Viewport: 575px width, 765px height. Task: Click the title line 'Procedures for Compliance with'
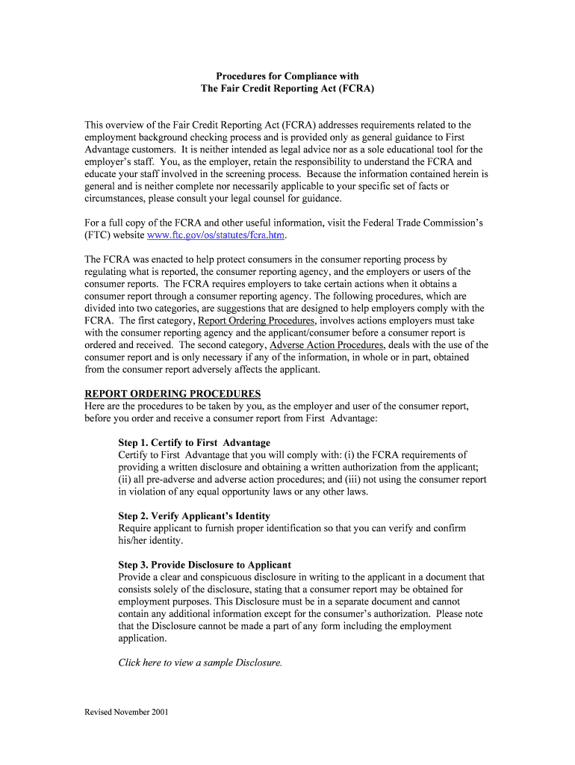click(x=287, y=76)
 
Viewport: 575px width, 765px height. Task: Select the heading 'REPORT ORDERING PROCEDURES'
click(x=172, y=394)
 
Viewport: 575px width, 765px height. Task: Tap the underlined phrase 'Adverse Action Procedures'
click(x=326, y=345)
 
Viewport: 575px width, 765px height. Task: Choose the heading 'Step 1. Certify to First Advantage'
click(x=194, y=443)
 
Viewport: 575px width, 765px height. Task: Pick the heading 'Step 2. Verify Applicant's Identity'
click(x=194, y=516)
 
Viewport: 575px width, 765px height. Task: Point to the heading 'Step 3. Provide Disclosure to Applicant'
click(x=205, y=565)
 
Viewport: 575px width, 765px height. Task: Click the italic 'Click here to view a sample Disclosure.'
click(x=200, y=663)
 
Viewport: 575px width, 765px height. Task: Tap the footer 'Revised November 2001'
click(x=126, y=712)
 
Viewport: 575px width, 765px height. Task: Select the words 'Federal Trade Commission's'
click(x=428, y=223)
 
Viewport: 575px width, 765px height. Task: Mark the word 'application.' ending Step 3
click(x=143, y=638)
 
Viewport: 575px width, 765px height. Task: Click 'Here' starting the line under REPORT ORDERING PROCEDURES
click(x=96, y=406)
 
